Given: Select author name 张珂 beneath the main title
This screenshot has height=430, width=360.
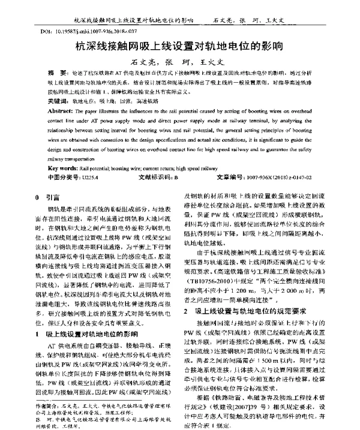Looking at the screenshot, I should click(178, 62).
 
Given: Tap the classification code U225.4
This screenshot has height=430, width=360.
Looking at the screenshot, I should click(90, 178).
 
